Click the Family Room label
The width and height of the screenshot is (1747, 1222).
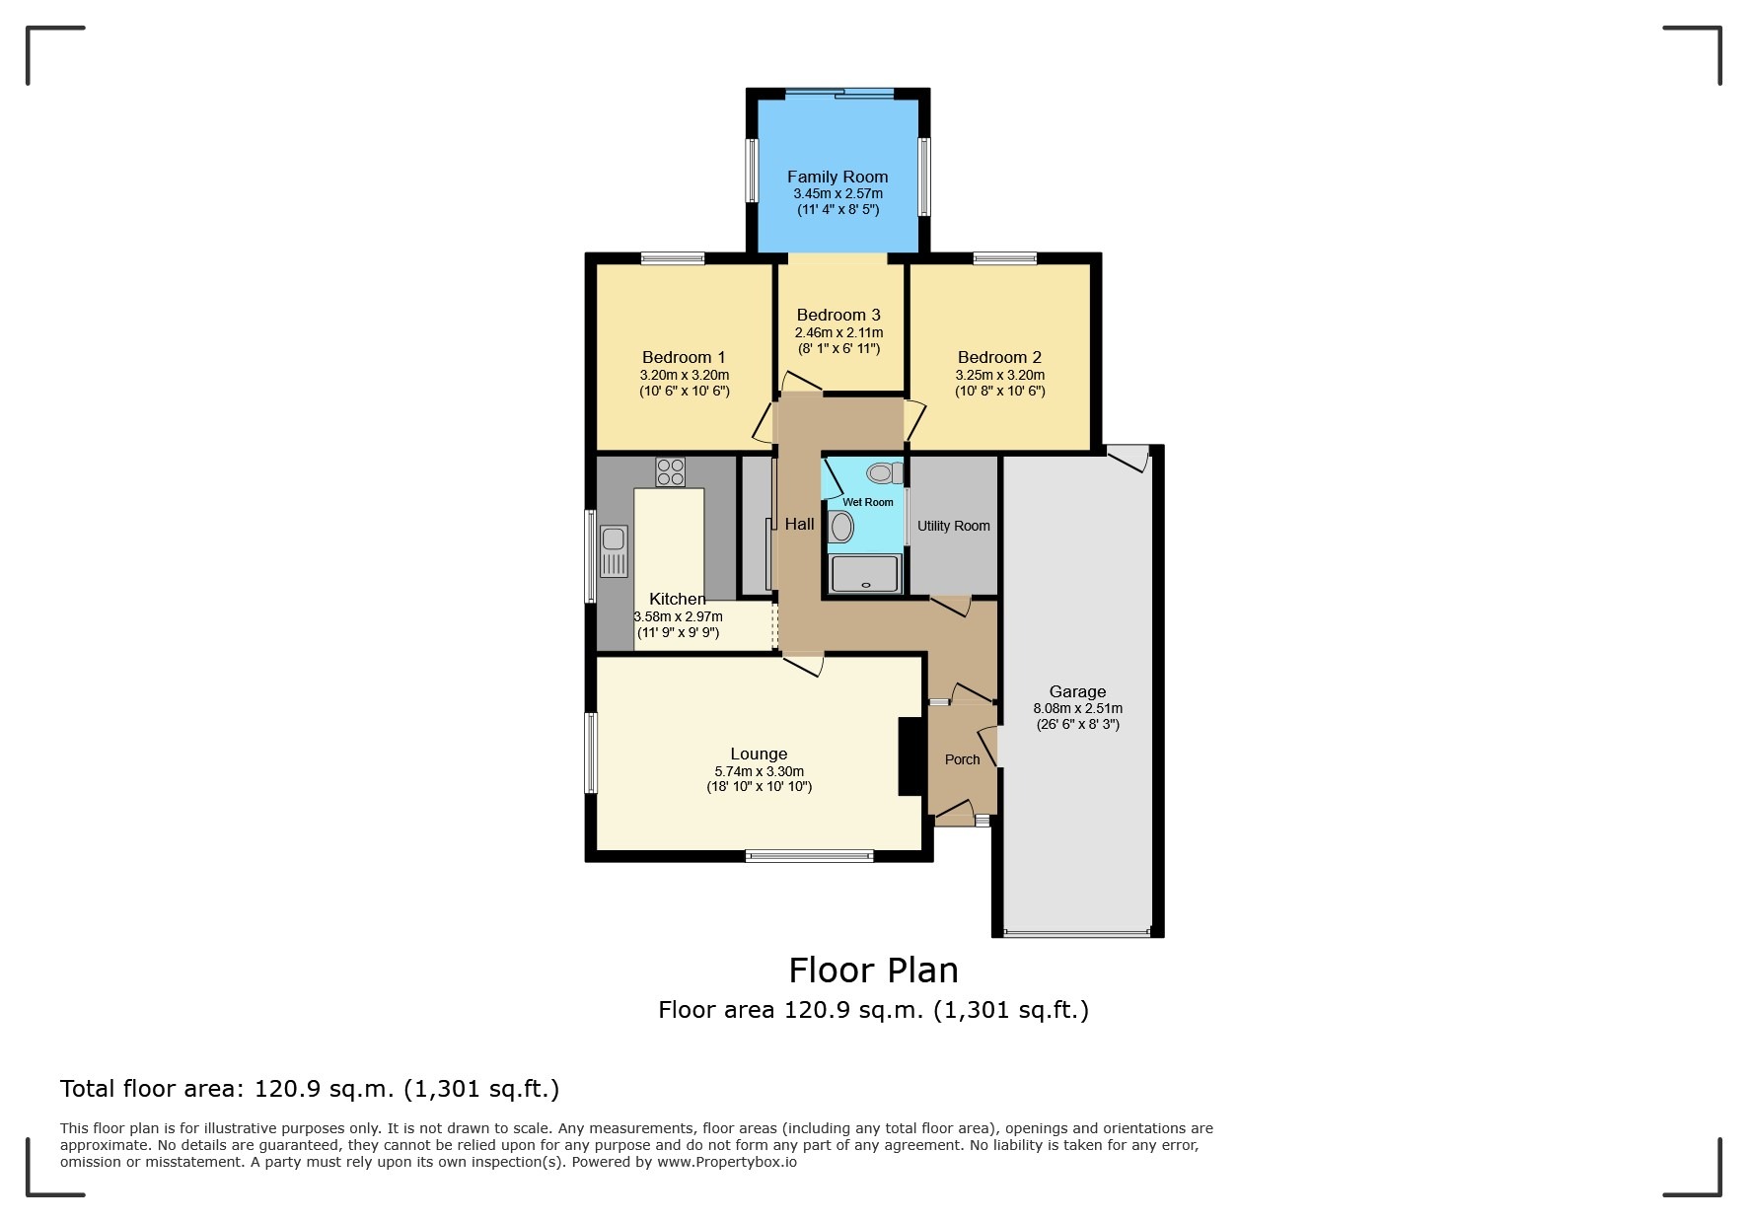[837, 178]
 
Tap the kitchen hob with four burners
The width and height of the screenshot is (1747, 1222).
[671, 472]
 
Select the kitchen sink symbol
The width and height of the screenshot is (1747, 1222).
[614, 550]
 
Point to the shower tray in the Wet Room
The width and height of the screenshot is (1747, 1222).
[866, 573]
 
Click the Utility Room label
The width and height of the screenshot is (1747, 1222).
[953, 526]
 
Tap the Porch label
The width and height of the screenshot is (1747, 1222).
[962, 759]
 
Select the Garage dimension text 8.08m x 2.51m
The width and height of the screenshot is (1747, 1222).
[1077, 708]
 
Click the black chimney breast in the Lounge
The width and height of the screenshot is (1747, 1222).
[910, 755]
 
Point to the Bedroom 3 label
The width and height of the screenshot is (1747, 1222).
[838, 316]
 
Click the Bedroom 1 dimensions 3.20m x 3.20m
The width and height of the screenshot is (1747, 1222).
[684, 375]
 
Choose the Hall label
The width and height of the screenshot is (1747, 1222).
[799, 525]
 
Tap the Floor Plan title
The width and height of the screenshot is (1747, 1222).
[873, 970]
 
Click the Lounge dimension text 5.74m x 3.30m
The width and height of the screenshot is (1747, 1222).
[759, 771]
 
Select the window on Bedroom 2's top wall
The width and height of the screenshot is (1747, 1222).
[1004, 258]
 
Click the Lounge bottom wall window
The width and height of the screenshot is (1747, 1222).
[809, 856]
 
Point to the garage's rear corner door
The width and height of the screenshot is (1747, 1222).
[1128, 457]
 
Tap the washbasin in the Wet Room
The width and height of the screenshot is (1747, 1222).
[841, 527]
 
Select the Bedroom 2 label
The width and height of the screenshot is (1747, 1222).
[999, 357]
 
